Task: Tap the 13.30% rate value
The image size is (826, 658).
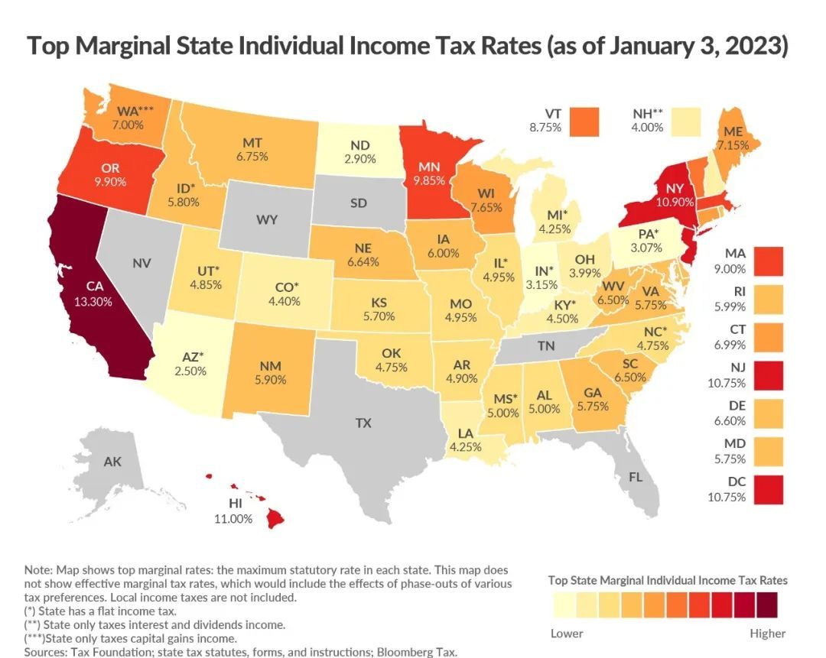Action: [93, 301]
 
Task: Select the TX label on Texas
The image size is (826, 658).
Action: [363, 422]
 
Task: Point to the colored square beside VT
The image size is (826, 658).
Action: [583, 119]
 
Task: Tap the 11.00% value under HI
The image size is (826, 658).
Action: [233, 518]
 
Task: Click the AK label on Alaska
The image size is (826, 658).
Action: [113, 462]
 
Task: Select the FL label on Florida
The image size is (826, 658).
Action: [636, 477]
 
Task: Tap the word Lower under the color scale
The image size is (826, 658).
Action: [567, 633]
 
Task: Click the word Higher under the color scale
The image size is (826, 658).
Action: [767, 633]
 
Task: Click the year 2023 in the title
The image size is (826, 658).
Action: [754, 46]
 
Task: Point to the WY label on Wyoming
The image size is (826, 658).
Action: [266, 220]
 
